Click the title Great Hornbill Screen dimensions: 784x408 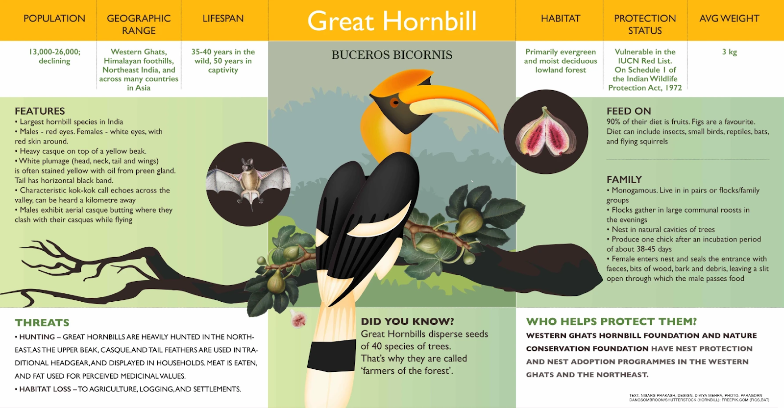tap(392, 21)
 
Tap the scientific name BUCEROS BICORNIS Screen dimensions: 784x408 tap(392, 55)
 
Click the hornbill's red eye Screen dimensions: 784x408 tap(394, 102)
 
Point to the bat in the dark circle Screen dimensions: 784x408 tap(248, 184)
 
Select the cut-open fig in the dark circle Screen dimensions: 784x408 tap(546, 132)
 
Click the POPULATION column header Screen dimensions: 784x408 tap(54, 19)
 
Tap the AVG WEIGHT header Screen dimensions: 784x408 tap(730, 19)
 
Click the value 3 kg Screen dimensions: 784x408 tap(730, 52)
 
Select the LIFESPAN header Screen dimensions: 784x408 tap(223, 19)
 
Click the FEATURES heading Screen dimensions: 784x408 tap(40, 111)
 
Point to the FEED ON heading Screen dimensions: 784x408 tap(629, 111)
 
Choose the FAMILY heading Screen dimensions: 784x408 tap(624, 180)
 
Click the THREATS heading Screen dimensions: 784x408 tap(42, 323)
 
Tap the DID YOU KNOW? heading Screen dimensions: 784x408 tap(407, 321)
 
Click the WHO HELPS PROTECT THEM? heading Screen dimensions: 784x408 tap(612, 321)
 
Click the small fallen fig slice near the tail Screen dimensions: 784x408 tap(298, 319)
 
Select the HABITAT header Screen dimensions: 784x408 tap(561, 19)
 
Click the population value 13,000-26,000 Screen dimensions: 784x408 tap(54, 52)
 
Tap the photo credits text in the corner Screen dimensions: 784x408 tap(699, 398)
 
